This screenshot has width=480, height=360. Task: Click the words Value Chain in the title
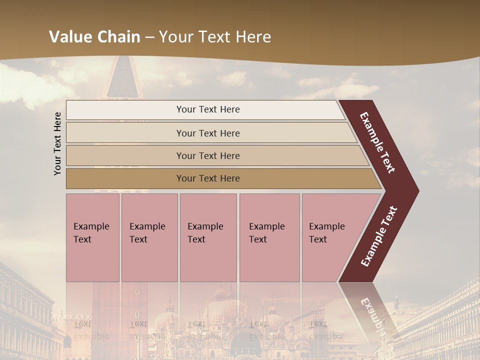pos(95,37)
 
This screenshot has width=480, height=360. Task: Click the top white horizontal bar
pos(125,110)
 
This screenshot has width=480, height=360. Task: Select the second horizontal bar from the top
pos(125,133)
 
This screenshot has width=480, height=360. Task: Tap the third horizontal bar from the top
pos(125,155)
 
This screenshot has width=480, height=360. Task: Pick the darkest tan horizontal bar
pos(125,178)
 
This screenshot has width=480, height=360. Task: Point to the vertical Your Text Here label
pos(57,143)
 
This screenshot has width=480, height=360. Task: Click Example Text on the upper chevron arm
pos(378,142)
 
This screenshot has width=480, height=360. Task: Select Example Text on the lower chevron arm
pos(379,236)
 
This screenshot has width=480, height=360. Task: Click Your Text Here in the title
pos(215,37)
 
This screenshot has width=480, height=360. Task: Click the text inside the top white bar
pos(208,109)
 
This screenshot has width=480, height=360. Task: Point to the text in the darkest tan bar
pos(208,178)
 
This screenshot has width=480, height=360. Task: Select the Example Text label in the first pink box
pos(91,233)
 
